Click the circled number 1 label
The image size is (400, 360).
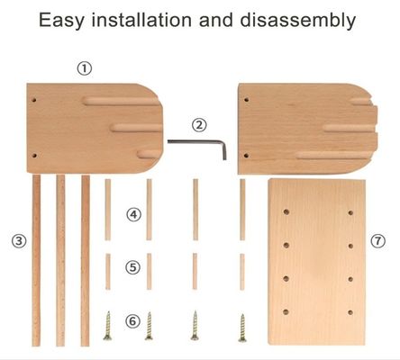pos(85,68)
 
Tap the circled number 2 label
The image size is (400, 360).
pos(199,125)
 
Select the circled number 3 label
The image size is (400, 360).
pos(19,240)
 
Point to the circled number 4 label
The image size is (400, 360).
pos(133,214)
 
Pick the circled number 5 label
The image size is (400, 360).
pos(132,267)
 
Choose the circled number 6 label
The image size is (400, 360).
pos(132,321)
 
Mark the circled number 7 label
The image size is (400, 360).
pos(377,240)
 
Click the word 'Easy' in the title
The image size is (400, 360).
pos(61,21)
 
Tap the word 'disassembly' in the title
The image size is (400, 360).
pos(297,21)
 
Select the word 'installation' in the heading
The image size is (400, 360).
pos(141,20)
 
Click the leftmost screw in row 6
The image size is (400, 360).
pos(107,326)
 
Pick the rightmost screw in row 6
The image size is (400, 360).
pos(242,328)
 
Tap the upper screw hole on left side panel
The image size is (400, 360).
pos(34,100)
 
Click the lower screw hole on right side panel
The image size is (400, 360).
pos(246,156)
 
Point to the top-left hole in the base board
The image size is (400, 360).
pos(286,212)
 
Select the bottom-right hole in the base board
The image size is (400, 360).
pos(350,312)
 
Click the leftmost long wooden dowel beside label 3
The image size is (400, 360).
pos(36,260)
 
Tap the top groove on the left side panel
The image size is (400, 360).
pos(120,101)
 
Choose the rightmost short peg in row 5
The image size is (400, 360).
pos(242,272)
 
